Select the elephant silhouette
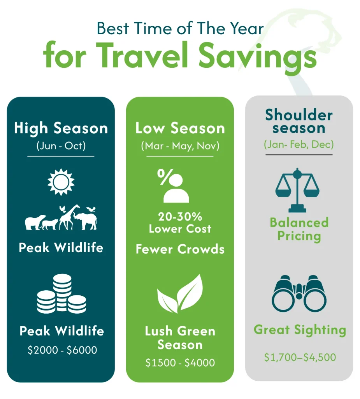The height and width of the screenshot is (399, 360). pyautogui.click(x=85, y=221)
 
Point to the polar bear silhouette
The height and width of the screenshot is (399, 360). pyautogui.click(x=35, y=222)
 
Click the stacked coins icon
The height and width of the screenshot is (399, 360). pyautogui.click(x=61, y=294)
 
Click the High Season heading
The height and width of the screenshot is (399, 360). pyautogui.click(x=61, y=128)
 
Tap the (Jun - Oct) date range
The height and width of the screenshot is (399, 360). pyautogui.click(x=61, y=147)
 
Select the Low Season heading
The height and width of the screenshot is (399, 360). pyautogui.click(x=180, y=128)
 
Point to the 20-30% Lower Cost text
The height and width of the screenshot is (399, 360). pyautogui.click(x=180, y=222)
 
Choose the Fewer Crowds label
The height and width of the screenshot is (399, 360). pyautogui.click(x=180, y=249)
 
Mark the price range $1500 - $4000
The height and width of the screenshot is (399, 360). pyautogui.click(x=180, y=362)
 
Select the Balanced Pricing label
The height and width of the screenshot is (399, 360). pyautogui.click(x=299, y=229)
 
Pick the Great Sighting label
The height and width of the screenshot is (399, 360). pyautogui.click(x=300, y=330)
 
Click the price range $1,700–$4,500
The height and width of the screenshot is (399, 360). pyautogui.click(x=300, y=357)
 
